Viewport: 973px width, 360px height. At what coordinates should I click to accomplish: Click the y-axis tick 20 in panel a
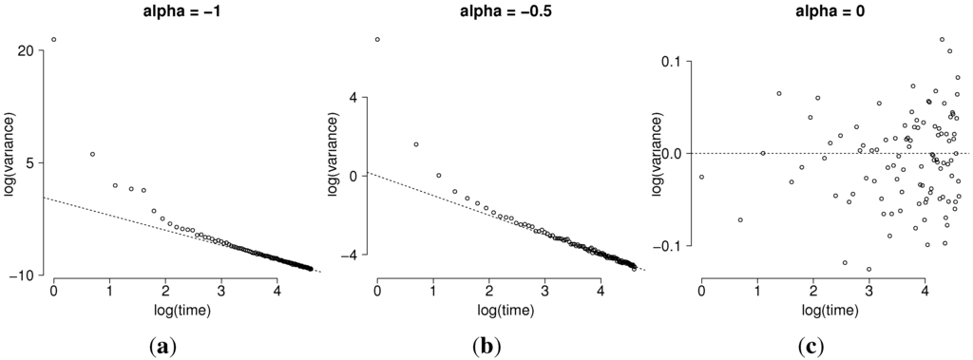(x=27, y=50)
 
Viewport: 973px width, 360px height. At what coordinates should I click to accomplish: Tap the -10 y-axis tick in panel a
(x=24, y=275)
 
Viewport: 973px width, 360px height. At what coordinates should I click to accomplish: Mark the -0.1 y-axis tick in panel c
(x=672, y=245)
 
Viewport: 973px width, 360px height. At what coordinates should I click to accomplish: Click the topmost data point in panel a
(x=53, y=40)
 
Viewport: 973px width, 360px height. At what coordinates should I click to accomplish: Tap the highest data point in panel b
(x=377, y=40)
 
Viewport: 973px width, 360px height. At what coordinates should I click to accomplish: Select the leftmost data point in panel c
(x=701, y=177)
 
